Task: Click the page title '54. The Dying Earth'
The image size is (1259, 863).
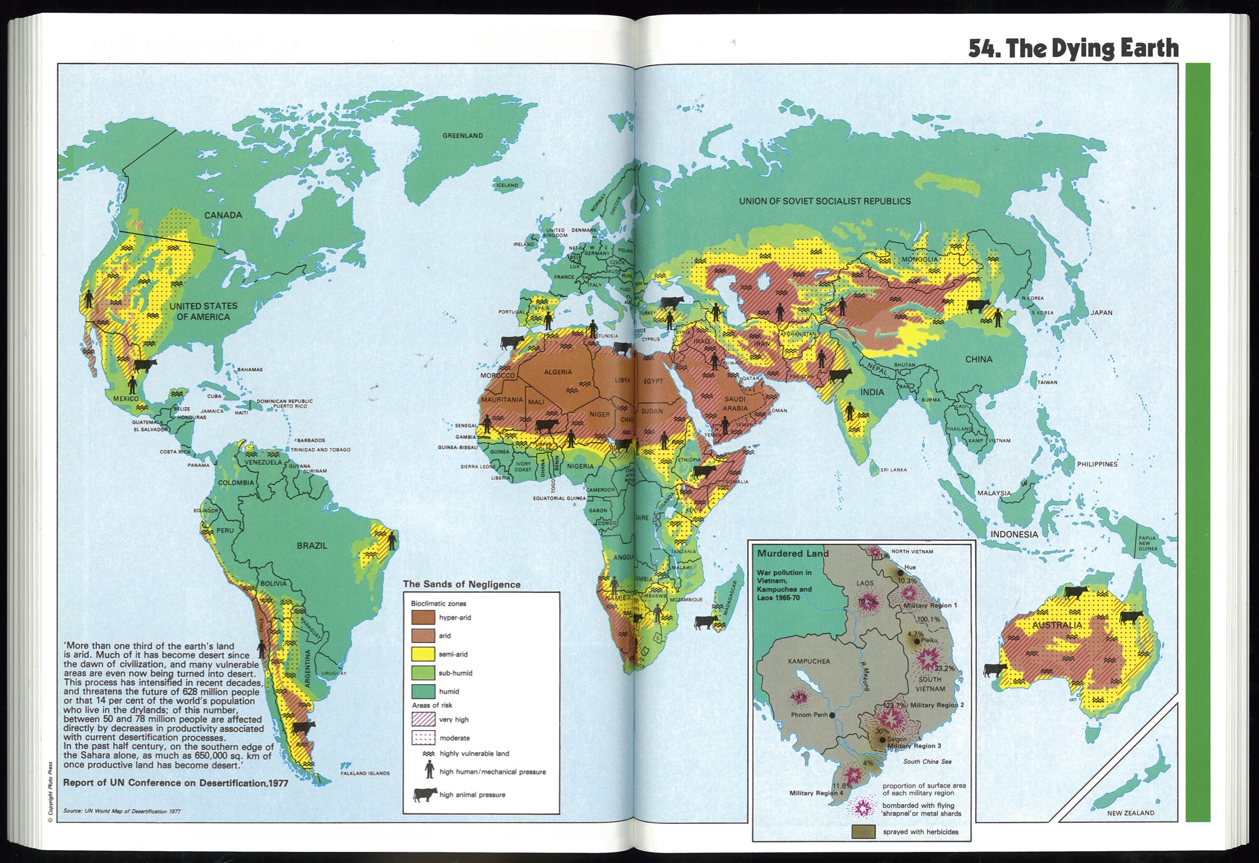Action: coord(1073,48)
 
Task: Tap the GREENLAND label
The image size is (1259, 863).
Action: coord(462,136)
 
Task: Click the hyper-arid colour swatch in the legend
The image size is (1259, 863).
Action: coord(423,617)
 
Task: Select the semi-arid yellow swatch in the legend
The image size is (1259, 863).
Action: coord(423,654)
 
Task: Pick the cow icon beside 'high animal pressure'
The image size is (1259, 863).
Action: coord(425,795)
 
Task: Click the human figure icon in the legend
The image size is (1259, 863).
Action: coord(429,771)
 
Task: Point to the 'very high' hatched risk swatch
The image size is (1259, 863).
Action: coord(423,719)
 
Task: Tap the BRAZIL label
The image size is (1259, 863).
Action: coord(312,546)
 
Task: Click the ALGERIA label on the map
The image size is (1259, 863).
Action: coord(557,372)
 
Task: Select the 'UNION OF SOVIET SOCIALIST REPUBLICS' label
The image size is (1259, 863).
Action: coord(825,201)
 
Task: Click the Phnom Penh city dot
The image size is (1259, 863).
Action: coord(832,715)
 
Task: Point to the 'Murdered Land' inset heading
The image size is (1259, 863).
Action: coord(792,553)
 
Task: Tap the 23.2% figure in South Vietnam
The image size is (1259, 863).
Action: coord(944,668)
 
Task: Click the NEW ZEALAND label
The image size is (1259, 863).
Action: coord(1130,813)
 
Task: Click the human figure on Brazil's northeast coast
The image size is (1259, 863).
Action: coord(392,541)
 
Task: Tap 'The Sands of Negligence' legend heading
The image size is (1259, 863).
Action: coord(461,584)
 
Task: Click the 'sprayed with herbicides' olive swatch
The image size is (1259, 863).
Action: coord(863,832)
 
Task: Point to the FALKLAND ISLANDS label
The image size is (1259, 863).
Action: coord(365,773)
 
